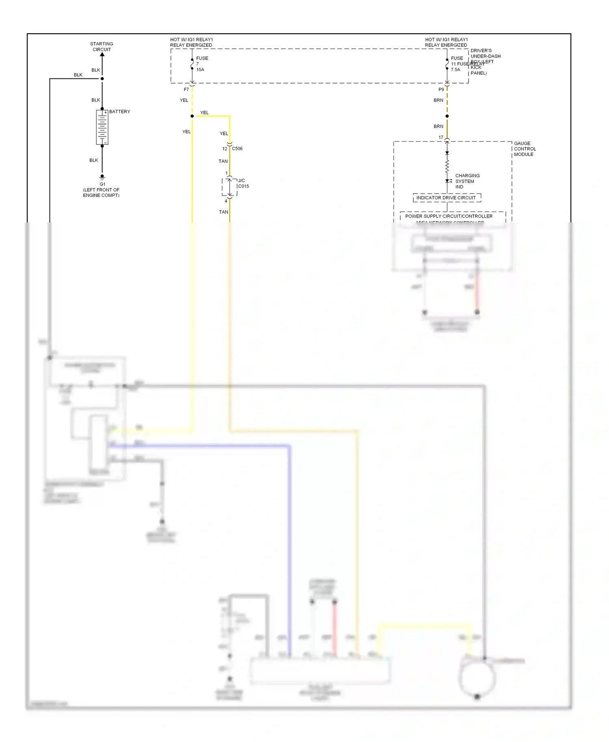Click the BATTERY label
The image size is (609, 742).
(119, 112)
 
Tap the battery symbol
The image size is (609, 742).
(102, 127)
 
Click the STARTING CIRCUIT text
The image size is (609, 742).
(101, 47)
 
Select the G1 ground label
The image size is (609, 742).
(102, 184)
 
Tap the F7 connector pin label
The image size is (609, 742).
(186, 89)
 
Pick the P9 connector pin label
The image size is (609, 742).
(441, 89)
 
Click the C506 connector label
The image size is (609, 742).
(237, 149)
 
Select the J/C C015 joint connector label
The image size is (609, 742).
(243, 183)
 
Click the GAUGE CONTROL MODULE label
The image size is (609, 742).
(525, 149)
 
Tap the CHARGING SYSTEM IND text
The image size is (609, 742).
(467, 181)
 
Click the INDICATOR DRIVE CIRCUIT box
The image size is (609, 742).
(447, 198)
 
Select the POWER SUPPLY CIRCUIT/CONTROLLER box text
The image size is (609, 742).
(449, 216)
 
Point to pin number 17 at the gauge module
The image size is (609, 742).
(441, 138)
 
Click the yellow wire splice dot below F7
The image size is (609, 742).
(192, 116)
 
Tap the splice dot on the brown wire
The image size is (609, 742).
(447, 116)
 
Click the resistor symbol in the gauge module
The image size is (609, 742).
(447, 166)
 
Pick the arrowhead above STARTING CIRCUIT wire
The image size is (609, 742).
(102, 55)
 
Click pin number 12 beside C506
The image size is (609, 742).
(225, 149)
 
